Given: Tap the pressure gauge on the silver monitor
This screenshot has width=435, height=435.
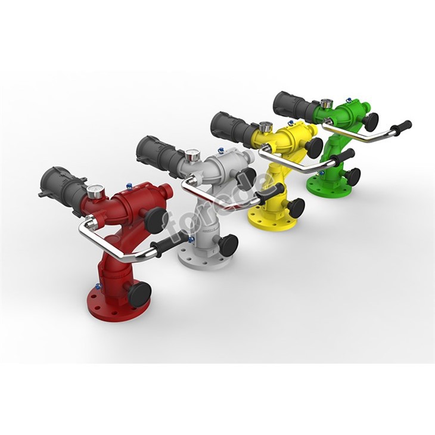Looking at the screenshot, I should tap(192, 156).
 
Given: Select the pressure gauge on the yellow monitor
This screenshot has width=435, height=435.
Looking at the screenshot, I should tap(265, 126).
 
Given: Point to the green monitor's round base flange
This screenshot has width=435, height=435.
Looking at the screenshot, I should tap(325, 185).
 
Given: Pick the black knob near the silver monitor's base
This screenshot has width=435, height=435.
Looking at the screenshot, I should tap(228, 243).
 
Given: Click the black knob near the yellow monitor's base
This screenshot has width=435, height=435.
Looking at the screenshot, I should tap(295, 207).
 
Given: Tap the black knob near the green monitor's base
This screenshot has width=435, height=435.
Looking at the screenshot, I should tap(352, 176).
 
